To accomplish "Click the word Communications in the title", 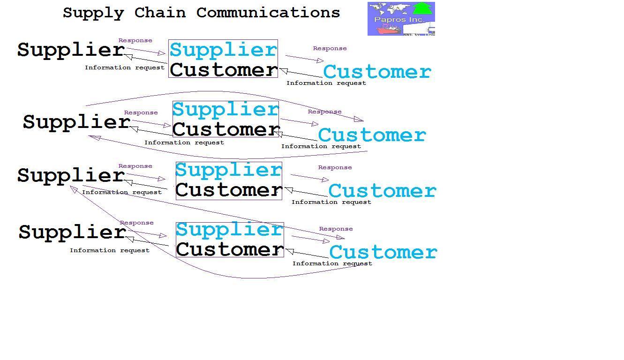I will (268, 13).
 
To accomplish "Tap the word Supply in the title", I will (93, 13).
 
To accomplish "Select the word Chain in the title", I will (160, 13).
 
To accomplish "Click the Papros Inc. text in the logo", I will (399, 20).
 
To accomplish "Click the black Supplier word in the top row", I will (71, 50).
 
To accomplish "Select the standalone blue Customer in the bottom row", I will (383, 252).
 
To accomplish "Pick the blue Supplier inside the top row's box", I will (223, 50).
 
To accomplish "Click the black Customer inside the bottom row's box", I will (230, 249).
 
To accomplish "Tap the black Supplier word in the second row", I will (76, 122).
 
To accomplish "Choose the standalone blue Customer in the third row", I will (382, 191).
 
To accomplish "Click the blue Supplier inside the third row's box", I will (228, 170).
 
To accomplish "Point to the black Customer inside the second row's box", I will (226, 129).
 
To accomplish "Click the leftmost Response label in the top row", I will (135, 40).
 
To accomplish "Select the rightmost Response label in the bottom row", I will (336, 229).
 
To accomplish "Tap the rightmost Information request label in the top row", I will (326, 83).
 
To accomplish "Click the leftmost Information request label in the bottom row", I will (109, 250).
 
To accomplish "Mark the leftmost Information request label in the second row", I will (184, 142).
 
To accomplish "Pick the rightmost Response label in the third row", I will (335, 167).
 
